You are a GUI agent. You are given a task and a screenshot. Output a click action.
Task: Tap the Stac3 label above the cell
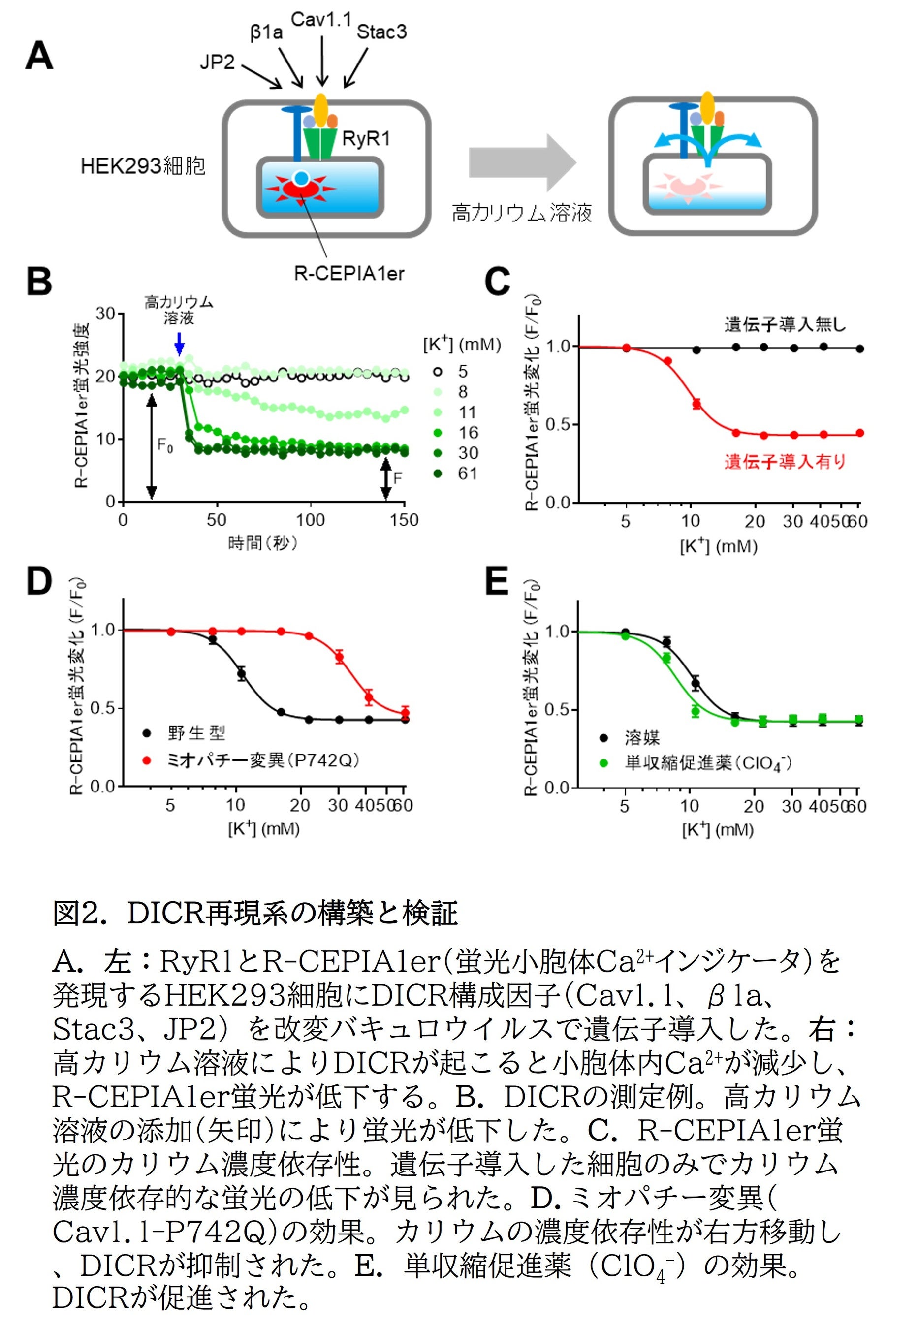(381, 32)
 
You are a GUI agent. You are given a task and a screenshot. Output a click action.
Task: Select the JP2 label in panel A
(218, 62)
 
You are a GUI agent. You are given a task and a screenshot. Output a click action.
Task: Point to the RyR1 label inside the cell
(366, 139)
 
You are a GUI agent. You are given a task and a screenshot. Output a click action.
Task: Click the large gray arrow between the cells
(521, 163)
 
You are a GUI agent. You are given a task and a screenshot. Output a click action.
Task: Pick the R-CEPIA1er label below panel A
(348, 273)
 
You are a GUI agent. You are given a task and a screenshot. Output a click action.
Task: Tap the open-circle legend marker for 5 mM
(438, 372)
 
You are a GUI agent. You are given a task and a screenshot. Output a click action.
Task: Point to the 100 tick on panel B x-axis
(310, 520)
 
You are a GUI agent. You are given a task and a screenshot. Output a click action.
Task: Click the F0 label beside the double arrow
(165, 445)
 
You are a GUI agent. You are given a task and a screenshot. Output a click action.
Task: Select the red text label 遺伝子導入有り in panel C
(785, 461)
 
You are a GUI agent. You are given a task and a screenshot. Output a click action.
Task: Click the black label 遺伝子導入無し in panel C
(785, 325)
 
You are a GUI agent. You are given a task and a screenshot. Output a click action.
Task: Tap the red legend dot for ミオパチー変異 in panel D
(147, 760)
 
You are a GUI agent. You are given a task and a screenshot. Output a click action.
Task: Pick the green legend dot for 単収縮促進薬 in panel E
(603, 763)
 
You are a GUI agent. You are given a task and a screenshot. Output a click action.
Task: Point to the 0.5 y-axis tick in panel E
(557, 710)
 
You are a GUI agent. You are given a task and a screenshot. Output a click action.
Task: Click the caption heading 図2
(77, 913)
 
